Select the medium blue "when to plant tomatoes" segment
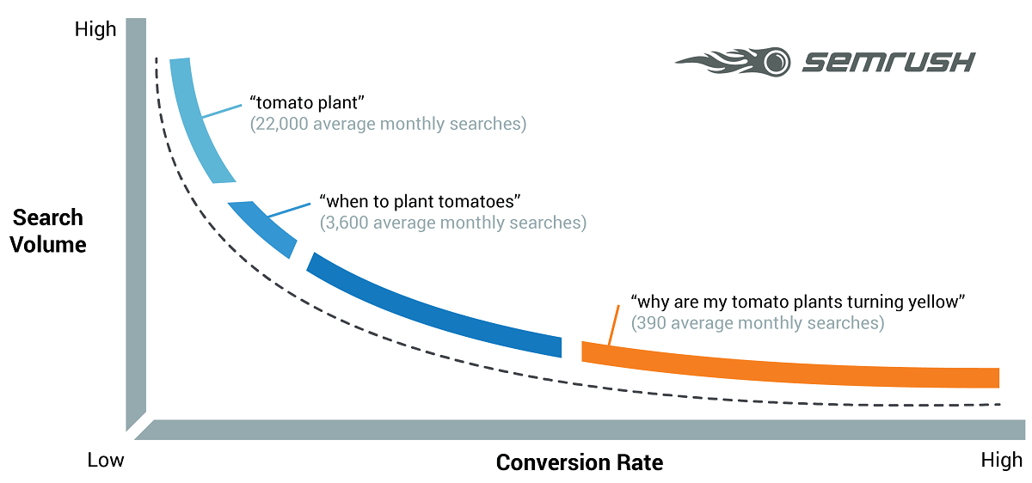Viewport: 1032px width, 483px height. [263, 227]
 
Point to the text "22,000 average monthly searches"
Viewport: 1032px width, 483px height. [388, 124]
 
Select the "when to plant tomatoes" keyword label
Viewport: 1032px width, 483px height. [421, 201]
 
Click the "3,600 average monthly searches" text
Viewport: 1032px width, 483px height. [452, 223]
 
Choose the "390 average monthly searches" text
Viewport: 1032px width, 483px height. [757, 323]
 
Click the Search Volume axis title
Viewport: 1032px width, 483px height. [49, 230]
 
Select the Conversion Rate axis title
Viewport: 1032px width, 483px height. [580, 462]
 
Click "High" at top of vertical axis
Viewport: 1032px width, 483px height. [95, 29]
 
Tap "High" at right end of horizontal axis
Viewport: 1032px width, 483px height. [1001, 462]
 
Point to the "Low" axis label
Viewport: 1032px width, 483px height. [106, 461]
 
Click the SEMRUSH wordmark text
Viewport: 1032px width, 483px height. [888, 63]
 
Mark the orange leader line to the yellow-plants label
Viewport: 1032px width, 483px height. [614, 326]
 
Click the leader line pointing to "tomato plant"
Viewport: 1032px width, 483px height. [222, 111]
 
